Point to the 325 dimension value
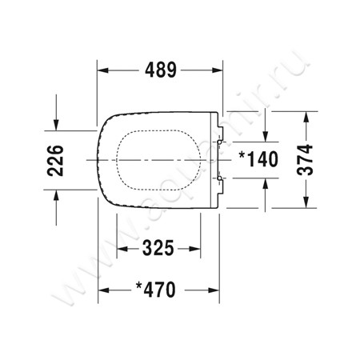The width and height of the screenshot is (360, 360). pos(158,248)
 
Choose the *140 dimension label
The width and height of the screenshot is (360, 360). pos(257,158)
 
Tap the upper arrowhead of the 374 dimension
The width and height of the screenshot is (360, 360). pos(306,117)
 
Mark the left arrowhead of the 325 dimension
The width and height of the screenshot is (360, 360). pos(122,249)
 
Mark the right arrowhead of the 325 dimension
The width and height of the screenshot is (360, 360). pos(195,249)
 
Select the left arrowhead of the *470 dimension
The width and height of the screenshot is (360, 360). pos(102,289)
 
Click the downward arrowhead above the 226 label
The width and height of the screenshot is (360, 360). pos(56,125)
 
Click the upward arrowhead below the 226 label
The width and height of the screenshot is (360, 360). pos(56,194)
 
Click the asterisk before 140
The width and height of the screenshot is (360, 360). pos(241,154)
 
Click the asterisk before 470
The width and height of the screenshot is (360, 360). pos(138,285)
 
